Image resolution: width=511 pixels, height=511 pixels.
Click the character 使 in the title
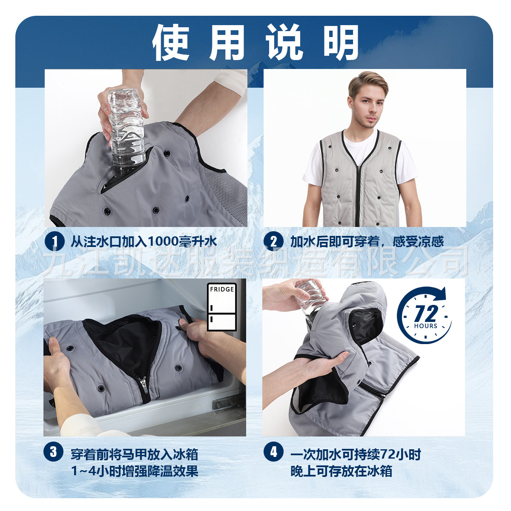pos(171,43)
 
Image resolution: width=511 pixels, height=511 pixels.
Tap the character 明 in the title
pos(341,43)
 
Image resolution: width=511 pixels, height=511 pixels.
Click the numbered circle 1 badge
pos(54,241)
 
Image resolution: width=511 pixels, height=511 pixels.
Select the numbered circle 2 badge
pos(273,241)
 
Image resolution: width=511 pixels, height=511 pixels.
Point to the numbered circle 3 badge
pos(53,451)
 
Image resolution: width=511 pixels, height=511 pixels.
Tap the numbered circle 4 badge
pos(273,451)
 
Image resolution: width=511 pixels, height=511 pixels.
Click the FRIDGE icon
pos(221,307)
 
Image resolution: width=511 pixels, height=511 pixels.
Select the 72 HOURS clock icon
pos(425,315)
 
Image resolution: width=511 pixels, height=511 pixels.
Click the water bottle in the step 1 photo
pos(126,128)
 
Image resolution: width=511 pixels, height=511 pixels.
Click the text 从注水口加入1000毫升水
pos(144,242)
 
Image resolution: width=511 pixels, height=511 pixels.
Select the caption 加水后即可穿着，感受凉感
pos(367,242)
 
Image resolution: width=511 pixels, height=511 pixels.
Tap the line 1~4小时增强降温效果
pos(135,471)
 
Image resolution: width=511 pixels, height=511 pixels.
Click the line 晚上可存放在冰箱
pos(341,471)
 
